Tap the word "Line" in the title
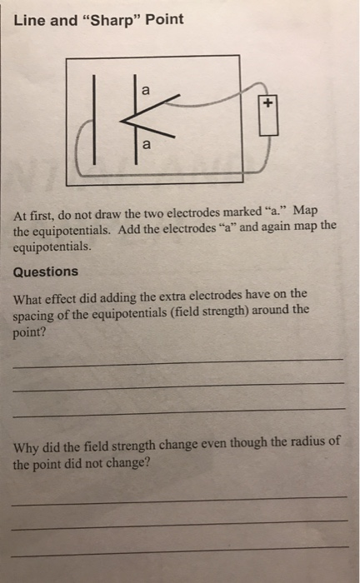click(29, 19)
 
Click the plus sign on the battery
click(267, 103)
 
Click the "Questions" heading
click(46, 272)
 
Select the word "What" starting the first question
click(31, 294)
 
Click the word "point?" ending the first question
click(30, 326)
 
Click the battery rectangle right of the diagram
click(267, 119)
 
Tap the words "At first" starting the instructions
click(32, 212)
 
